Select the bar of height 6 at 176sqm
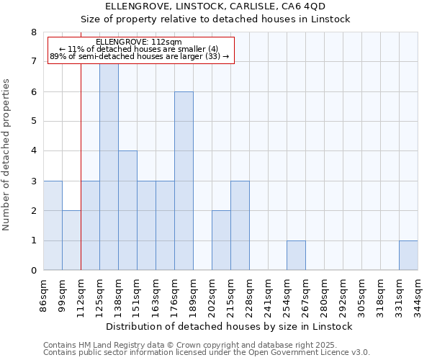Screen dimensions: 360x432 184,181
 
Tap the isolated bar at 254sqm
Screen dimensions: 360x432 296,256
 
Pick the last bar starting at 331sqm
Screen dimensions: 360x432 408,256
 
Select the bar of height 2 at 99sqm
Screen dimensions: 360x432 71,240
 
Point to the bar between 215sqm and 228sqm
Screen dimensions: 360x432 240,225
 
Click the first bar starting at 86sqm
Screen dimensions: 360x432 53,225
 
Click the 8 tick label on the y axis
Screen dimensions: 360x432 34,32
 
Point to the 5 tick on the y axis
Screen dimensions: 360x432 34,122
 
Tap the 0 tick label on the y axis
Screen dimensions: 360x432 34,271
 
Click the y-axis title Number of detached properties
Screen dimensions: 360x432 7,156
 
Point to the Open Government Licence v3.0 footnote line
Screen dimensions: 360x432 207,353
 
